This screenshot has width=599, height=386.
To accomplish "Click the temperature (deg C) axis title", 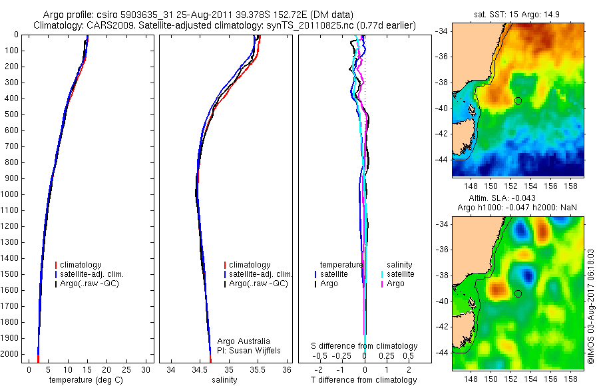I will point(87,380).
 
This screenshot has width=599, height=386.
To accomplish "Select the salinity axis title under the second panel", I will point(224,380).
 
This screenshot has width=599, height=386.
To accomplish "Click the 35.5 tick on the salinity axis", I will point(258,369).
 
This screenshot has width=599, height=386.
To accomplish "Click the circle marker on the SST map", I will point(518,100).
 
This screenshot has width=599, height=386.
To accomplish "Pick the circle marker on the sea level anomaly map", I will point(518,293).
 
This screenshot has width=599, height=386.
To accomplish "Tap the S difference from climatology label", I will point(365,346).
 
